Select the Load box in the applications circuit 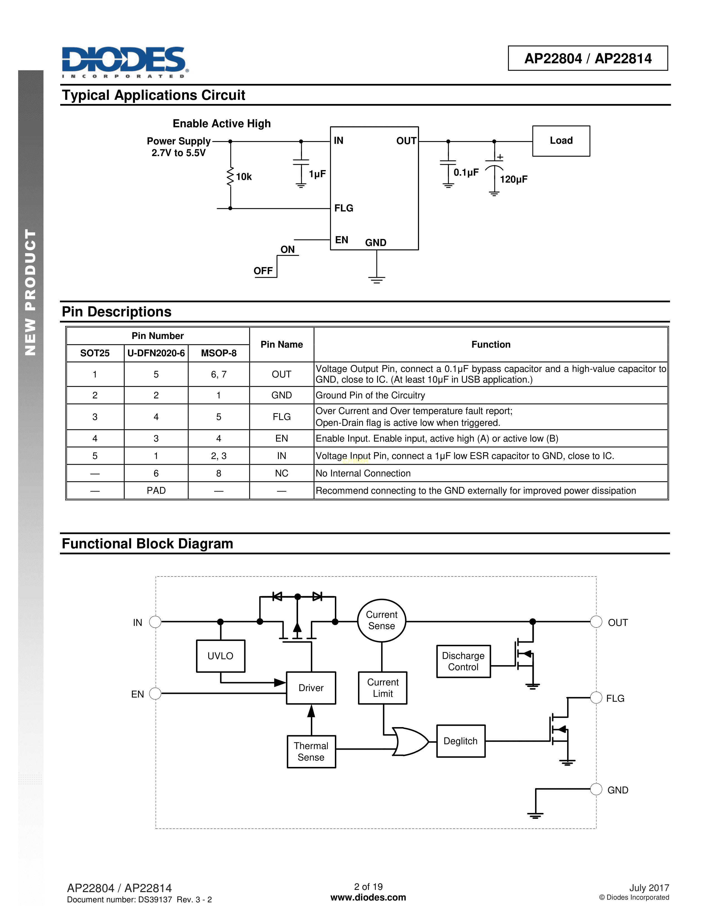click(561, 141)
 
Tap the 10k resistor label click(243, 177)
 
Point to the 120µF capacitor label click(513, 180)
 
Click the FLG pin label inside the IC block click(344, 208)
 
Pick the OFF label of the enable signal click(263, 271)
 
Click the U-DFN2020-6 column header click(156, 353)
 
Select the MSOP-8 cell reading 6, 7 click(219, 374)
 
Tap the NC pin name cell click(281, 473)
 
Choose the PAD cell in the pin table click(156, 491)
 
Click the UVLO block click(220, 656)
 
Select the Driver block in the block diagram click(311, 688)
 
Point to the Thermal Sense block click(311, 752)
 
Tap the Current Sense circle click(382, 621)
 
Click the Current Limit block click(383, 688)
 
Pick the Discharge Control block click(463, 661)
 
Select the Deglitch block click(461, 741)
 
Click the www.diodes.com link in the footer click(368, 898)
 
